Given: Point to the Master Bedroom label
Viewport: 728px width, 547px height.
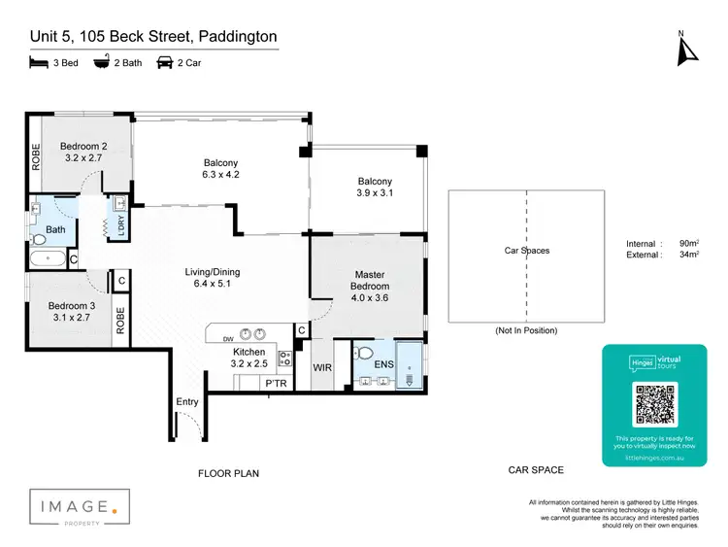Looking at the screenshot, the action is (x=370, y=281).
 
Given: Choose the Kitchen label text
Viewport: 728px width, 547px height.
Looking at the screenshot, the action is (x=249, y=351).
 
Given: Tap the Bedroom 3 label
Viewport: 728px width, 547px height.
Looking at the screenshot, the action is (x=70, y=306).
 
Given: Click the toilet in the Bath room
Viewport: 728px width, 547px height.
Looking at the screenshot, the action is (x=40, y=238).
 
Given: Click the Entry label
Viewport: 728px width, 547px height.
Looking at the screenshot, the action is (x=187, y=401).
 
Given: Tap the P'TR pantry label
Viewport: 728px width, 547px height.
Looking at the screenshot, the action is (x=277, y=384).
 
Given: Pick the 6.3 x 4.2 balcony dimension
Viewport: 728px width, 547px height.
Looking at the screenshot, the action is (x=220, y=176).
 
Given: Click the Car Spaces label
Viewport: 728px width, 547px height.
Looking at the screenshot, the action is (x=526, y=251).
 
